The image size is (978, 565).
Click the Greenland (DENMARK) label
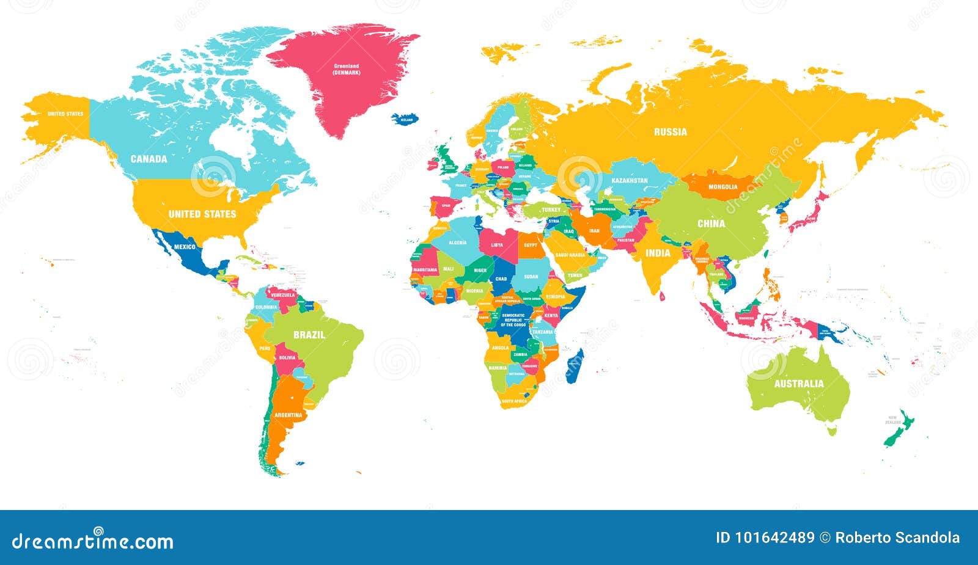point(347,69)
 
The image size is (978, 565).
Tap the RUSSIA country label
point(670,132)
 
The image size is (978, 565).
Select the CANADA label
point(149,159)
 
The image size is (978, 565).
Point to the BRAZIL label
point(309,335)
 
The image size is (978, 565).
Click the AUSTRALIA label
point(799,384)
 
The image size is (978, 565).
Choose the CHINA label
point(711,224)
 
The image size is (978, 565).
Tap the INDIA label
point(658,253)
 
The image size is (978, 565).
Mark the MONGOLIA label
point(722,186)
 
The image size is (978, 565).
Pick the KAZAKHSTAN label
point(630,181)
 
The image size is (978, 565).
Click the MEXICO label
point(185,247)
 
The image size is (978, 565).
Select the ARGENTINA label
point(288,415)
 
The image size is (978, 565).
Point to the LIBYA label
point(497,245)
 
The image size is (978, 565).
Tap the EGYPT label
point(530,245)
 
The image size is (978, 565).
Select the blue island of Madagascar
point(575,366)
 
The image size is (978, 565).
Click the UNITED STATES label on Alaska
point(65,114)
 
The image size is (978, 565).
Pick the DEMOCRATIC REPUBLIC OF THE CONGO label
point(513,320)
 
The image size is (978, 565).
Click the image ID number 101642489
point(774,538)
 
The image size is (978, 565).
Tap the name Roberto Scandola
point(897,538)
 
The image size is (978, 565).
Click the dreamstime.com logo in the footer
point(93,541)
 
